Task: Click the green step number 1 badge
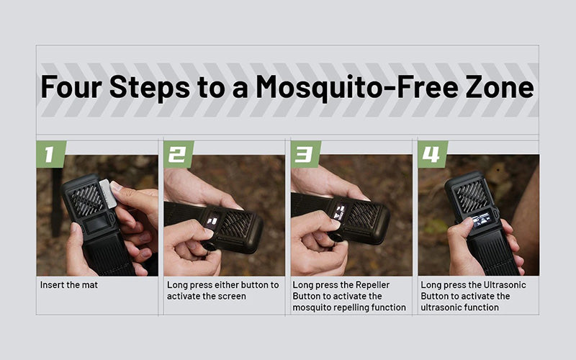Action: [x=51, y=154]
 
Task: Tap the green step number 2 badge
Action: [x=179, y=154]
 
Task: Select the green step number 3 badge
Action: [x=305, y=154]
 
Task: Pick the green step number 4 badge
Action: [x=433, y=154]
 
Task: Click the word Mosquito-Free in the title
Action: [x=357, y=88]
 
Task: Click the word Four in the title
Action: [x=71, y=87]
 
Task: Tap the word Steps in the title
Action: [x=150, y=88]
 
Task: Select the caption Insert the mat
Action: [x=69, y=284]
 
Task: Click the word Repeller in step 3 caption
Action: [x=372, y=285]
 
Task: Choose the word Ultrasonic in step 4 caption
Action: [x=505, y=284]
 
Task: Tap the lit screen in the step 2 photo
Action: [x=212, y=221]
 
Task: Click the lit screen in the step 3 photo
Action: [x=340, y=212]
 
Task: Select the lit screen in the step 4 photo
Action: [x=482, y=222]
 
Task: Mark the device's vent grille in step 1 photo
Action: [x=87, y=199]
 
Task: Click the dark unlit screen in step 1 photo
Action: [x=97, y=224]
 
